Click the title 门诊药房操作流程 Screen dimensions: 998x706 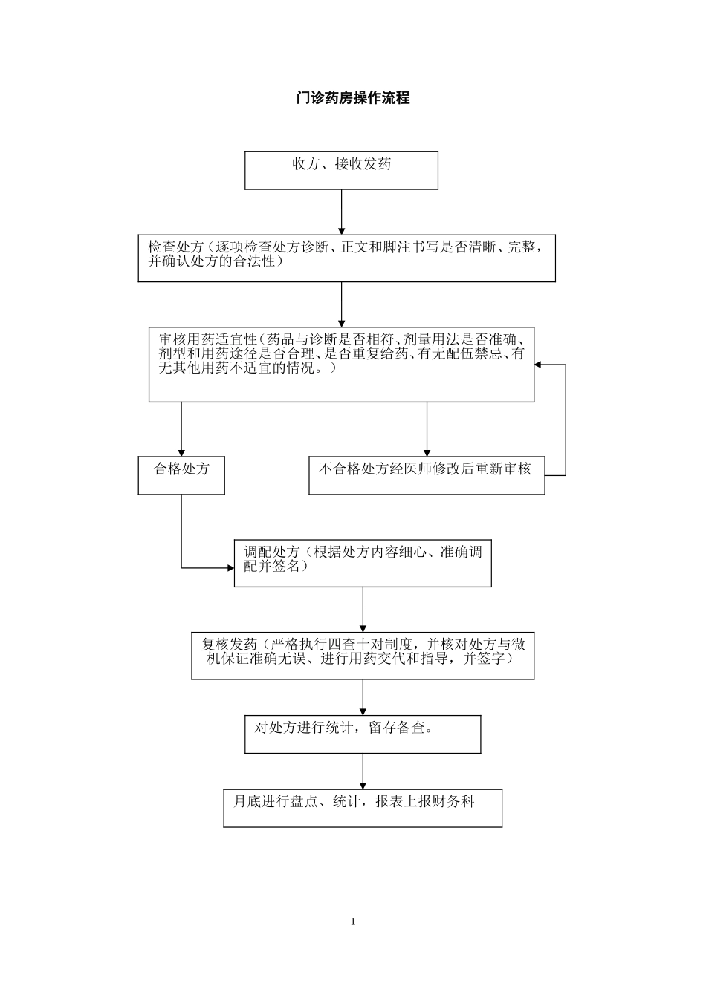pyautogui.click(x=353, y=98)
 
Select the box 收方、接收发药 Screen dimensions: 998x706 pyautogui.click(x=341, y=171)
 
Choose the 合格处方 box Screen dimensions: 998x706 pyautogui.click(x=181, y=475)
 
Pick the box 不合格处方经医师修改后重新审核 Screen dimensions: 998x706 pyautogui.click(x=426, y=475)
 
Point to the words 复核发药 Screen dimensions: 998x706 pyautogui.click(x=229, y=644)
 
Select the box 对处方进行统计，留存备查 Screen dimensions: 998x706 pyautogui.click(x=363, y=734)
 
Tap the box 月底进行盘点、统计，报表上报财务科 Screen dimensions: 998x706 pyautogui.click(x=363, y=808)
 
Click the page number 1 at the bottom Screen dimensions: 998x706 pyautogui.click(x=353, y=922)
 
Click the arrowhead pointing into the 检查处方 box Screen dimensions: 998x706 pyautogui.click(x=341, y=229)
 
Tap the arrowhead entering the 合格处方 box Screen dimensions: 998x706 pyautogui.click(x=181, y=451)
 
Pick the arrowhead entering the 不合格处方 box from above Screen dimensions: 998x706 pyautogui.click(x=427, y=451)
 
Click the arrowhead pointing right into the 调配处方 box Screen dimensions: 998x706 pyautogui.click(x=230, y=568)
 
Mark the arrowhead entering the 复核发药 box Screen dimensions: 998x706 pyautogui.click(x=363, y=627)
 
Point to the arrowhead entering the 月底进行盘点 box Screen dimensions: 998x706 pyautogui.click(x=363, y=784)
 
